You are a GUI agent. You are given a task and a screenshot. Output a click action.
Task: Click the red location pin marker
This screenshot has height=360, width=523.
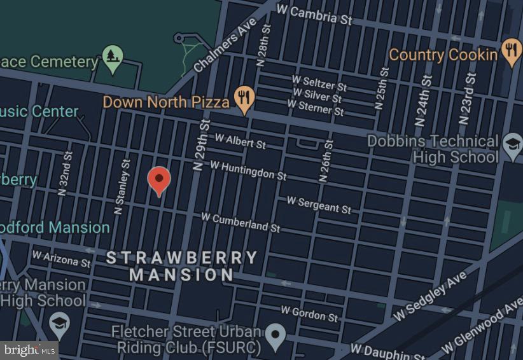pos(159,180)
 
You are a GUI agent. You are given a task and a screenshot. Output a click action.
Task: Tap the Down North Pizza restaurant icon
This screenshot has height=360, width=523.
pos(244,99)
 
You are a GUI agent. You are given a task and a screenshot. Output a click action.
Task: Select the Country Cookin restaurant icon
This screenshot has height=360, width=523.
pos(511,51)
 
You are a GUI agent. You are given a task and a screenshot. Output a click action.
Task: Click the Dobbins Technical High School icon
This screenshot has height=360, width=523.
pos(512,145)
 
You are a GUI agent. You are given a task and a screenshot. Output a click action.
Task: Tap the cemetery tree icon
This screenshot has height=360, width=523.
pos(113,57)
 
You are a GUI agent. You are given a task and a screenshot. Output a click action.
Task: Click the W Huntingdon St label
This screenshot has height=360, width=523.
pos(248,170)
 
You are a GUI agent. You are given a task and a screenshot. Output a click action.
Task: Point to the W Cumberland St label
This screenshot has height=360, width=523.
pos(241,221)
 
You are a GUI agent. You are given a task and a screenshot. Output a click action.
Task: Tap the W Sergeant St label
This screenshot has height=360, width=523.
pos(319,204)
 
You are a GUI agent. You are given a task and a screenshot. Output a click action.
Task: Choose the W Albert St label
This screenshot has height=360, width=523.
pos(240,141)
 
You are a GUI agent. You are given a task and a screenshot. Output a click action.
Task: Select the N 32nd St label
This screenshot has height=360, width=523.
pos(65,174)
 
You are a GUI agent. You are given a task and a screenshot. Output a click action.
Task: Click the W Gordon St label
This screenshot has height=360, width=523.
pos(310,313)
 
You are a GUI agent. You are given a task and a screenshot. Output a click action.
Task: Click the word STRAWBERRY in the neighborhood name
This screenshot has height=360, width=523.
pos(181,258)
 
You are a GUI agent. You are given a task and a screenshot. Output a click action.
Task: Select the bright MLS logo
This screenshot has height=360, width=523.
pos(29,350)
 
